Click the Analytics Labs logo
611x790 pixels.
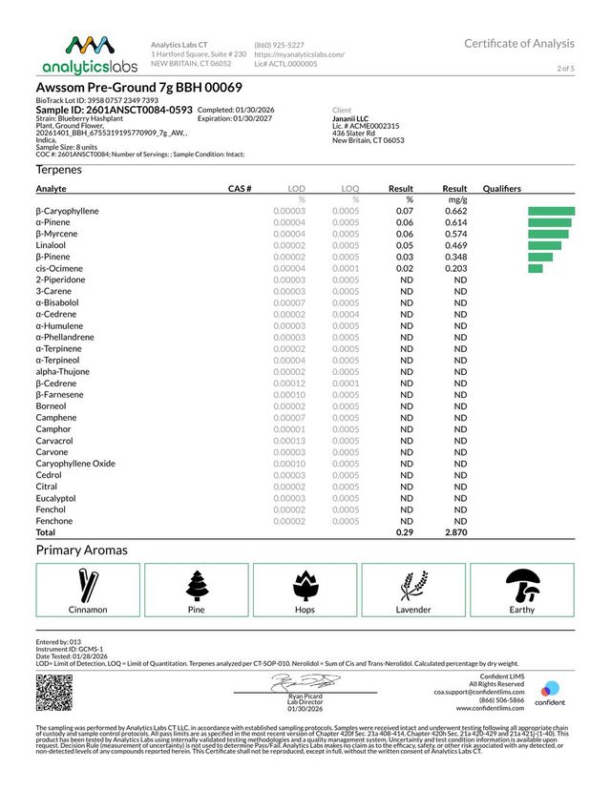[87, 54]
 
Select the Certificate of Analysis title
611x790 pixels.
[518, 43]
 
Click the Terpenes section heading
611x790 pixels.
[58, 169]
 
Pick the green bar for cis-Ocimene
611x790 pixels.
[535, 268]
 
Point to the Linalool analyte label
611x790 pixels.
[52, 245]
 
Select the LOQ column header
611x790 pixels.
[350, 189]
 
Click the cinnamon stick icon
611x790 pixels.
[88, 582]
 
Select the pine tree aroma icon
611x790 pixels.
[197, 582]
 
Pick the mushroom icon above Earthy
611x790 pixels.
[521, 582]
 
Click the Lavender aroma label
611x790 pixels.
[413, 610]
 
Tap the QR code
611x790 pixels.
[53, 691]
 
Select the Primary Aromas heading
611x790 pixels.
[81, 551]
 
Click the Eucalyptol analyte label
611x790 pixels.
[55, 498]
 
